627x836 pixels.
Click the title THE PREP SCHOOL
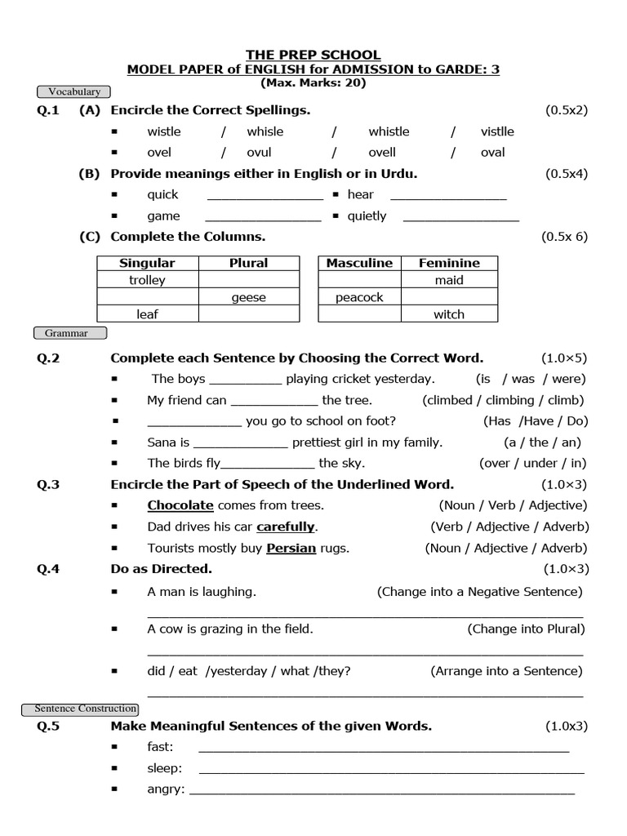313,55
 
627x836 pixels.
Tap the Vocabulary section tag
73,92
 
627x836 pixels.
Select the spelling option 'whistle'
389,131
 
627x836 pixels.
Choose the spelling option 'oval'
493,152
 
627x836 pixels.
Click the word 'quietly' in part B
367,216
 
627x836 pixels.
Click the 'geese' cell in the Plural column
248,298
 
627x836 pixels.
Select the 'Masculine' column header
359,263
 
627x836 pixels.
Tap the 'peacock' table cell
359,298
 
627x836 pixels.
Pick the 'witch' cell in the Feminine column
449,315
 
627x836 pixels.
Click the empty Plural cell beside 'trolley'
248,280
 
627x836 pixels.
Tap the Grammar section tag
71,333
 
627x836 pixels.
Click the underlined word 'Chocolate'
180,505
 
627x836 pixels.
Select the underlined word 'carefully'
286,527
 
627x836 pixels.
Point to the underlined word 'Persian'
291,549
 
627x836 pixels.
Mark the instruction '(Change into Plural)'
526,629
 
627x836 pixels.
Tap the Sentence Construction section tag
86,709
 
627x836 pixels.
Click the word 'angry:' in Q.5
166,789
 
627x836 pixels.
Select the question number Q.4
48,569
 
